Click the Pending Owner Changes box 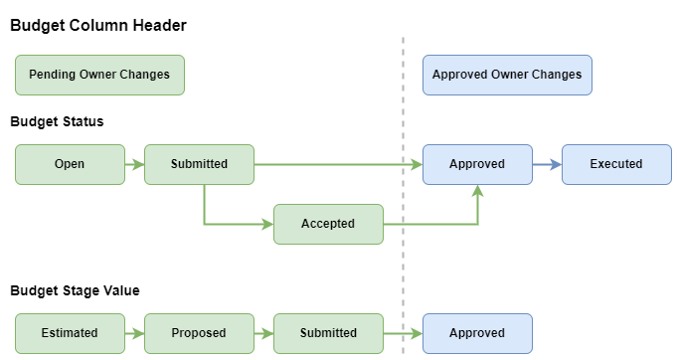click(x=99, y=75)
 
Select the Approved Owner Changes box click(x=507, y=75)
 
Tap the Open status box click(x=70, y=164)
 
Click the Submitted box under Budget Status click(x=199, y=164)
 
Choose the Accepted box click(x=328, y=224)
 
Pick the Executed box click(x=616, y=164)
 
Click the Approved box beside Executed click(x=477, y=164)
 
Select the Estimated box click(x=70, y=333)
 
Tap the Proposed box click(x=199, y=333)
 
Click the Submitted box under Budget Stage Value click(x=328, y=333)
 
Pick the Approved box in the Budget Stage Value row click(x=477, y=333)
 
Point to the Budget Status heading click(x=57, y=121)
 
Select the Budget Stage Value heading click(x=75, y=290)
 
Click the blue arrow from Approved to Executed click(x=547, y=164)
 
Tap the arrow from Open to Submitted click(x=134, y=164)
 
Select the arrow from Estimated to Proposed click(x=134, y=333)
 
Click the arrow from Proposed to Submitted click(x=263, y=333)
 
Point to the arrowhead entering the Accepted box click(x=267, y=224)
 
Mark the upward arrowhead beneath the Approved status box click(x=477, y=191)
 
